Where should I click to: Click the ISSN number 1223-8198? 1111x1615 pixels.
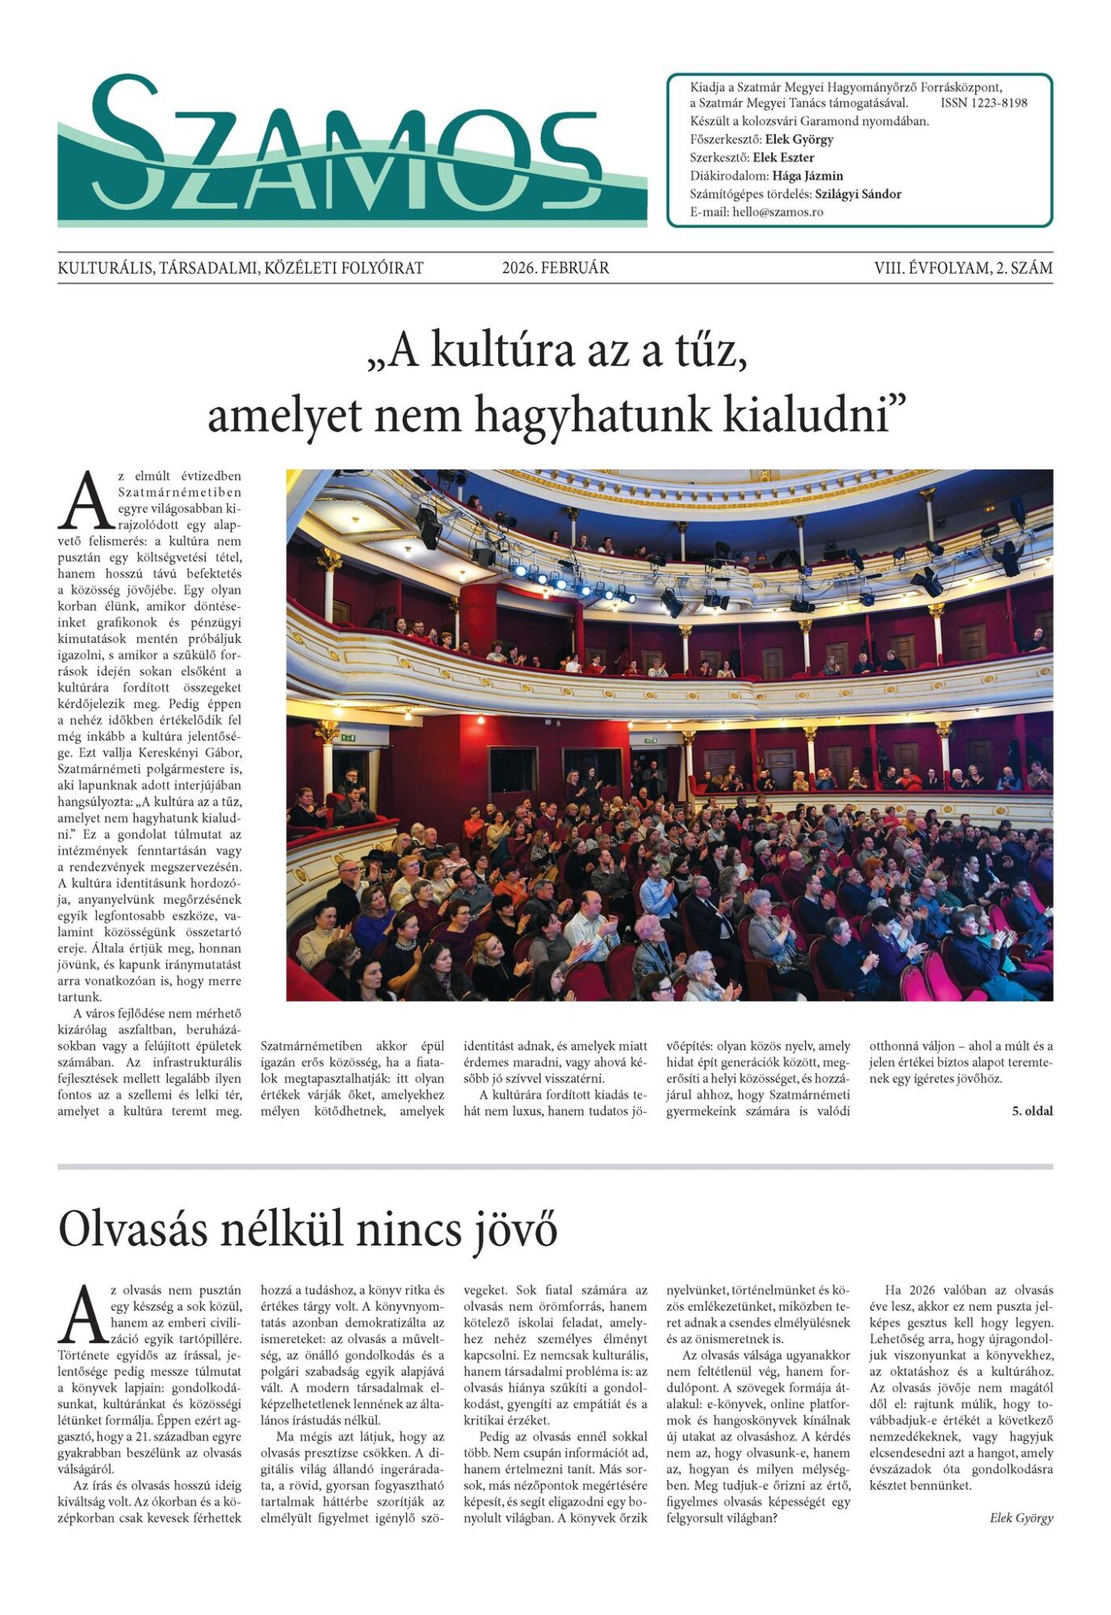(x=983, y=103)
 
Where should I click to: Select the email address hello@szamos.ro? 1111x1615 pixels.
(x=778, y=212)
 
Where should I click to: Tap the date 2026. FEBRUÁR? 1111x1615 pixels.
(x=555, y=268)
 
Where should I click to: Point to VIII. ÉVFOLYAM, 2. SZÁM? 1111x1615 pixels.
(x=962, y=268)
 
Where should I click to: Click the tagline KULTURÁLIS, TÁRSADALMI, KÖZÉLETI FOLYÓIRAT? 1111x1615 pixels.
(x=241, y=268)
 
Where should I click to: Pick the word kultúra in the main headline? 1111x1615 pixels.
(x=505, y=351)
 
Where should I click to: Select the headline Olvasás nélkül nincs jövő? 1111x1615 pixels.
(x=308, y=1231)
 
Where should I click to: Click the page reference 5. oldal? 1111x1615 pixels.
(x=1032, y=1111)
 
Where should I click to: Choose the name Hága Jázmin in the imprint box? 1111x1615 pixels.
(x=807, y=176)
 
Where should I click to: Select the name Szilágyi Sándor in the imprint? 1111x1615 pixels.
(x=857, y=194)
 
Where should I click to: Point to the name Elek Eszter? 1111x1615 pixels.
(x=783, y=157)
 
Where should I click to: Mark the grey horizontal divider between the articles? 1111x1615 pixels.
(x=555, y=1167)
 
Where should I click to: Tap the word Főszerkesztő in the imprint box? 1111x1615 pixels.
(x=725, y=140)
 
